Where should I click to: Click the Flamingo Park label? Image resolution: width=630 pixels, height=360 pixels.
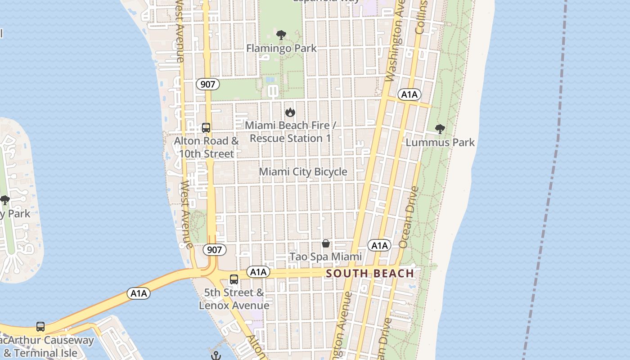coord(282,48)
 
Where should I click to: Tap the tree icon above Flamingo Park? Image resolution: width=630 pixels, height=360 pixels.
coord(281,35)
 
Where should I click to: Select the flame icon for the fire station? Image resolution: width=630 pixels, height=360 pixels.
coord(290,112)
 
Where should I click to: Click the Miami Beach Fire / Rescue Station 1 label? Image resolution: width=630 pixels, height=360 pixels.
coord(290,132)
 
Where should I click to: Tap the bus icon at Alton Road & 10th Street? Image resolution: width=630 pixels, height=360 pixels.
coord(206,128)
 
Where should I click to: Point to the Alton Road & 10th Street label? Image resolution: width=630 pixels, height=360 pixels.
coord(207,147)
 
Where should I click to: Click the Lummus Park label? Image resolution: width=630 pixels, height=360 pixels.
coord(440,142)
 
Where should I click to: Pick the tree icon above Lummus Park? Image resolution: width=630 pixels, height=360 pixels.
coord(440,129)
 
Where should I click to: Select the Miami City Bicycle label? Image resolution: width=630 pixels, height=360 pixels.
coord(303,171)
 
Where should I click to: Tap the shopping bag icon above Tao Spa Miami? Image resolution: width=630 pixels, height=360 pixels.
coord(326,243)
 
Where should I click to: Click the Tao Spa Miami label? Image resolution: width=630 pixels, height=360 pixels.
coord(325,256)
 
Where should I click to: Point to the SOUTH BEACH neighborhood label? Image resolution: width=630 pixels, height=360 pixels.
coord(370,274)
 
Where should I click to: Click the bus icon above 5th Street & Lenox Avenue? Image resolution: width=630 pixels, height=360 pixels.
coord(234,279)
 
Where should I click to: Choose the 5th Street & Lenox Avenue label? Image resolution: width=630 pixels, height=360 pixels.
coord(234,299)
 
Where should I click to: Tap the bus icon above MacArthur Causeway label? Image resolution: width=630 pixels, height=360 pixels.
coord(40,327)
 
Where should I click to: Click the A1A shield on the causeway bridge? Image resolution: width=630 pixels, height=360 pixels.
coord(139,294)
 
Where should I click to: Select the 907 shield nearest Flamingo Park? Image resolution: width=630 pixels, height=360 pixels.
coord(208,84)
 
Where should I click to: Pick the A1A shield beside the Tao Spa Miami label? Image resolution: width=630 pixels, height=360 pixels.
coord(379,245)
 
